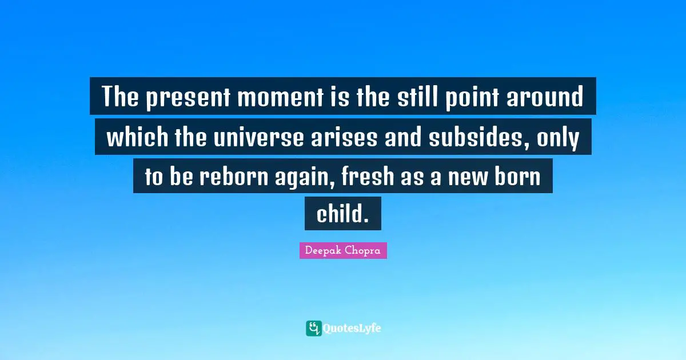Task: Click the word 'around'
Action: click(551, 98)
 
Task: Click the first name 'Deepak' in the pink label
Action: click(322, 251)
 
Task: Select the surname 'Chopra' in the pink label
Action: click(364, 251)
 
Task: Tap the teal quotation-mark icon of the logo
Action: click(314, 328)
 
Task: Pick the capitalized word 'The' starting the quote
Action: click(121, 98)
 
